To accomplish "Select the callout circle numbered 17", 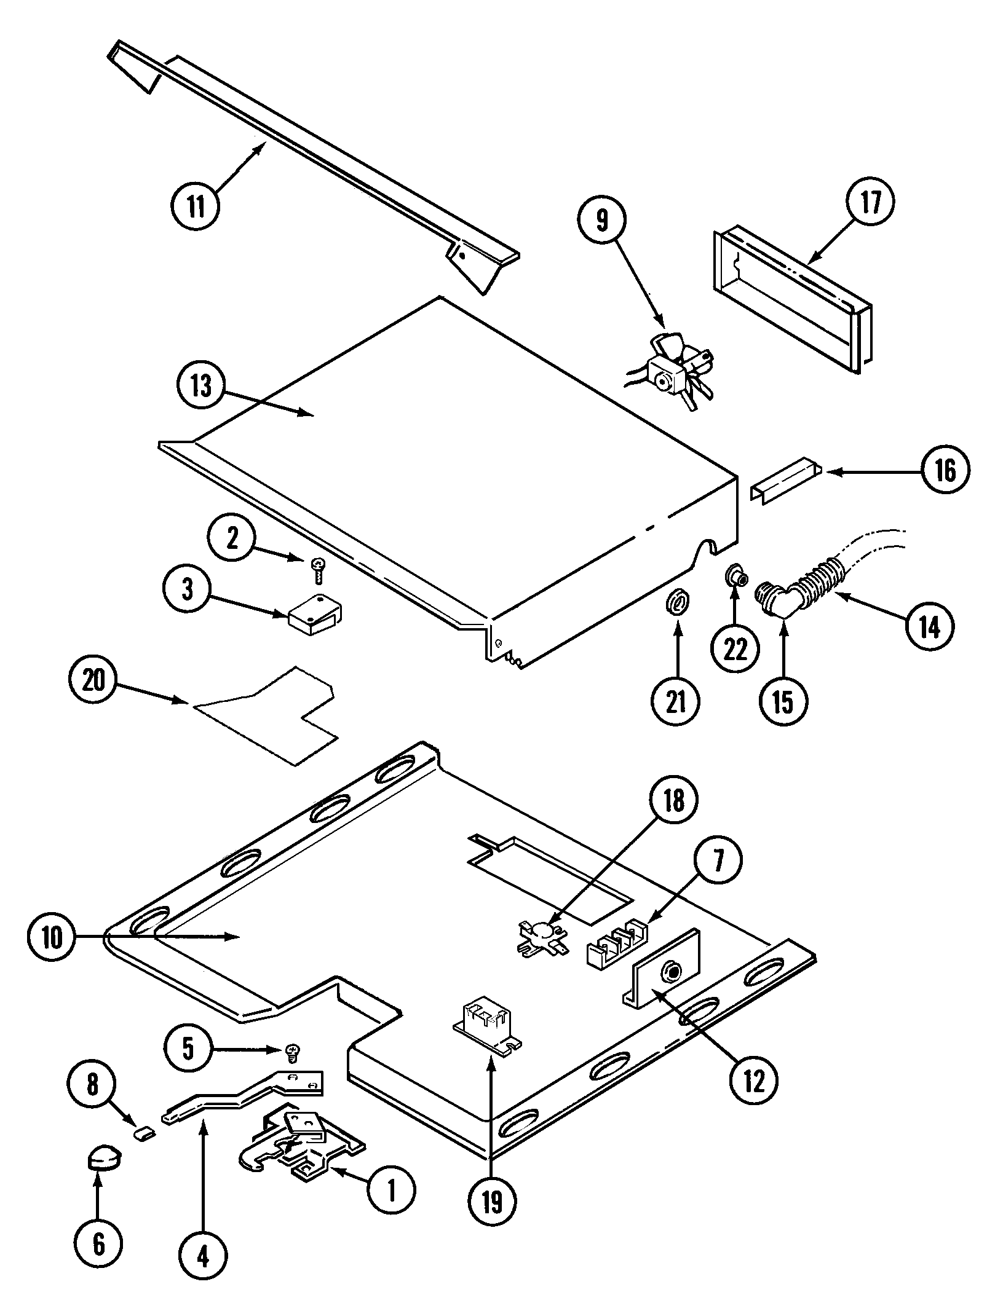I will point(871,203).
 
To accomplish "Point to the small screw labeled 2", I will point(319,571).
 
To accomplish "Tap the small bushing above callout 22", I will point(735,577).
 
